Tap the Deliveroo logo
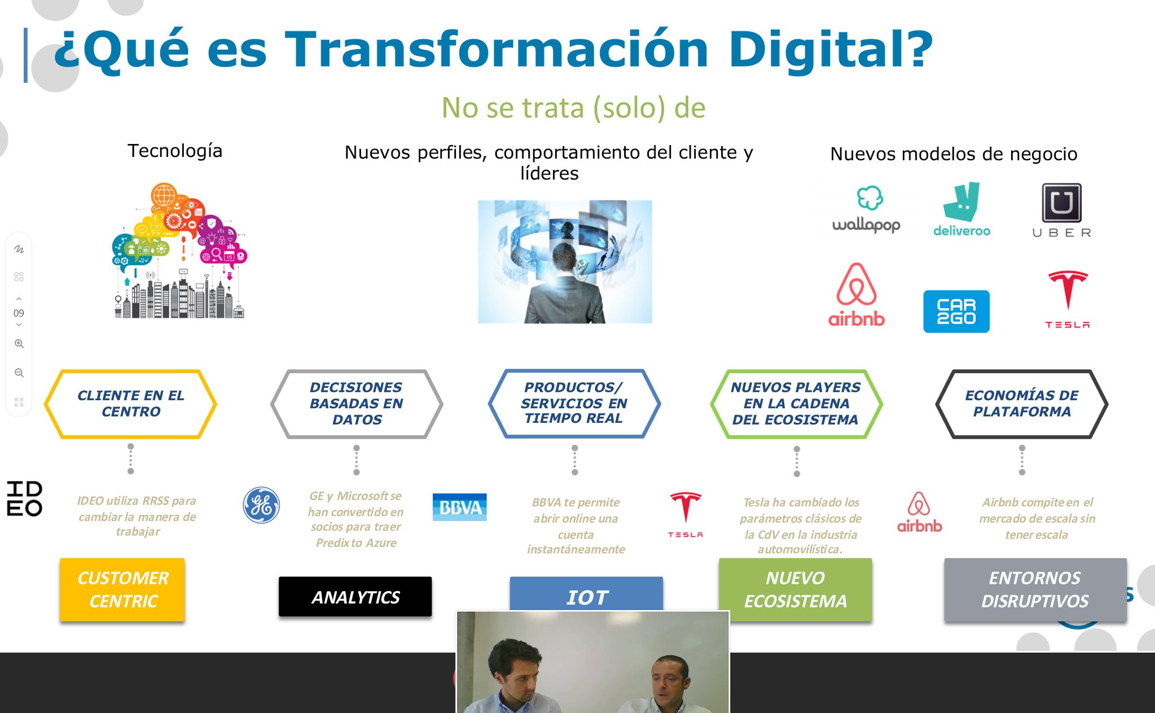coord(961,209)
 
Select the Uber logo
coord(1061,211)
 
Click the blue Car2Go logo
coord(956,311)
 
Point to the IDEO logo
coord(24,498)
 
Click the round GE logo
coord(261,505)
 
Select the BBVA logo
coord(459,507)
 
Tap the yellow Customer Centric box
coord(122,589)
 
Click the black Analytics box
coord(355,597)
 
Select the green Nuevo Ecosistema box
coord(795,589)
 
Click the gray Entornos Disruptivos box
coord(1035,589)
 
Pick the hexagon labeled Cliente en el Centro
coord(130,404)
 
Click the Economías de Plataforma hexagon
coord(1022,404)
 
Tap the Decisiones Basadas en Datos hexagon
coord(357,404)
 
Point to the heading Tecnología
coord(175,151)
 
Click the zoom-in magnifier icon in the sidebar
coord(19,343)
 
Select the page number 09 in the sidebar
coord(19,313)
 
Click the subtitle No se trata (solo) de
coord(573,108)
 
